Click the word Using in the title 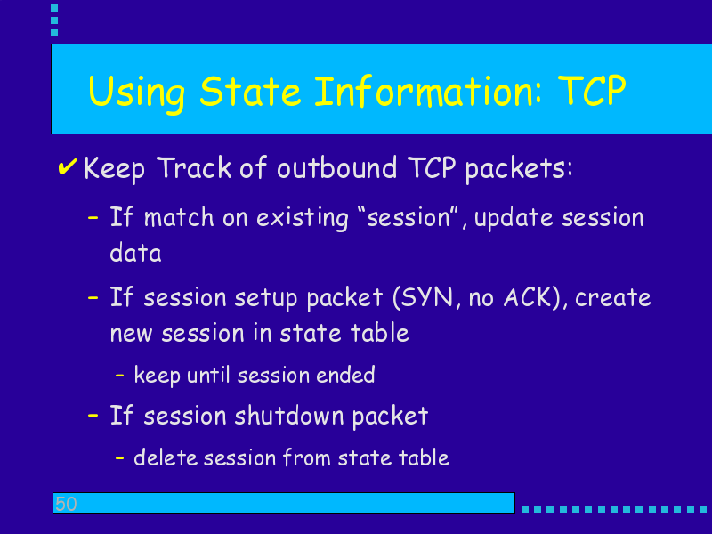(137, 93)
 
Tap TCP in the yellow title (592, 91)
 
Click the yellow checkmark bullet (68, 167)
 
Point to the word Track (194, 167)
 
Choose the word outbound (336, 167)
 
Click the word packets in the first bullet (519, 169)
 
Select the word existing (303, 218)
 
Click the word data (136, 253)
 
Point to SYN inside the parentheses (428, 298)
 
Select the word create (613, 298)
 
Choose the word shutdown (288, 416)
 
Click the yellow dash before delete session (120, 457)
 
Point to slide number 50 (66, 504)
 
